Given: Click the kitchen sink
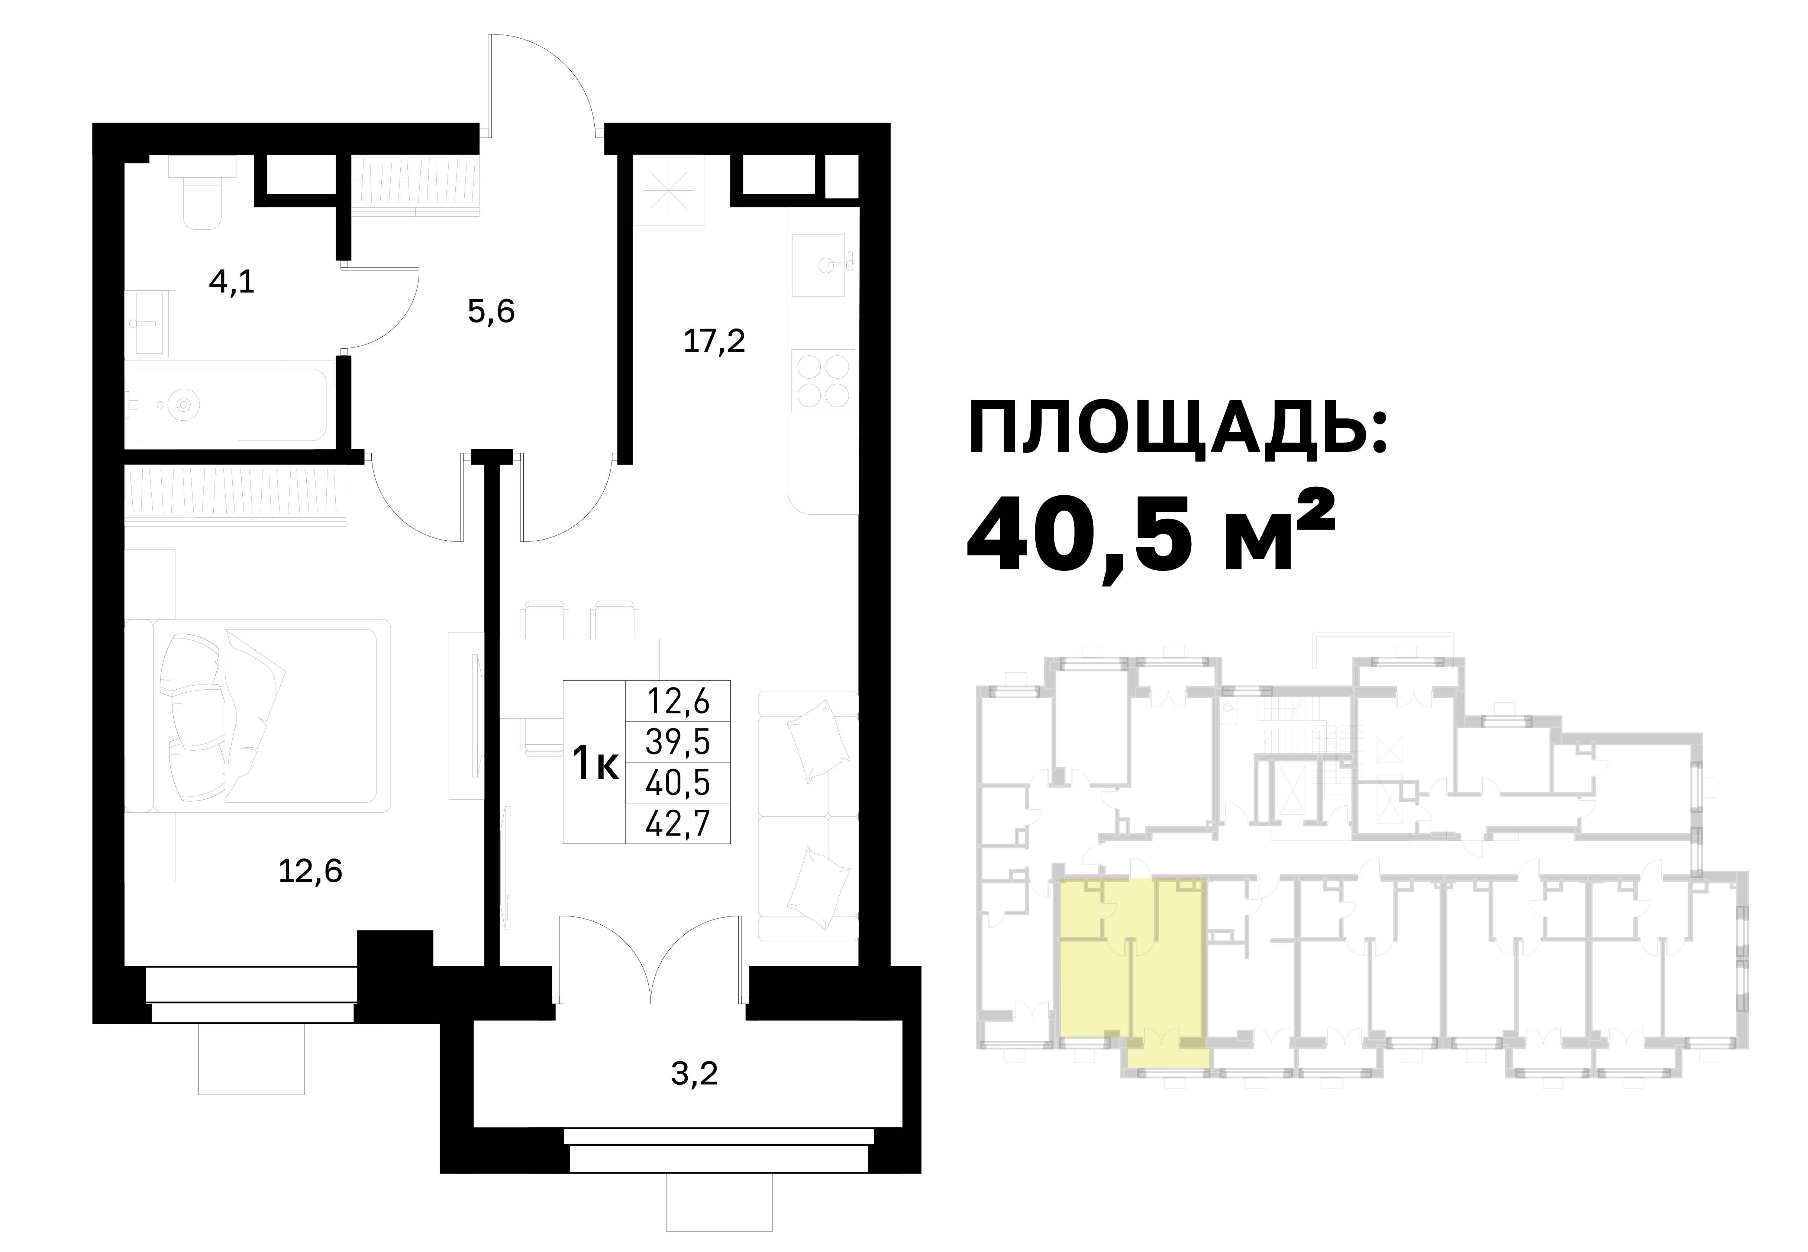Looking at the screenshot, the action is [x=823, y=265].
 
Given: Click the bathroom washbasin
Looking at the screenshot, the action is [x=152, y=323].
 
